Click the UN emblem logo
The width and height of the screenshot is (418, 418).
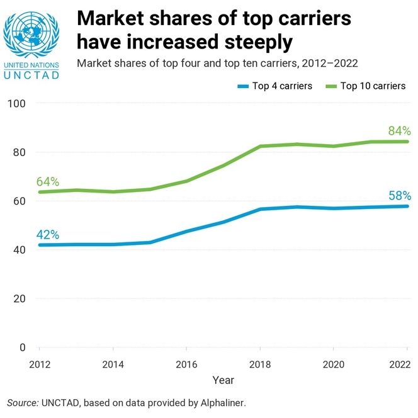click(x=31, y=33)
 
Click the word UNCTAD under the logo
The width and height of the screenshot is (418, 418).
click(x=31, y=75)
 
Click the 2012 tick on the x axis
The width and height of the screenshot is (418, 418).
click(x=39, y=364)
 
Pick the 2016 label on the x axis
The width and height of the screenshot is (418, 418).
click(x=186, y=364)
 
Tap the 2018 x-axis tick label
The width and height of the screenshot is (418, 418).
click(x=260, y=364)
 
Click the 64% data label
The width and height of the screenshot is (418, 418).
click(x=47, y=182)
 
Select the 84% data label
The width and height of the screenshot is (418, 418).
click(x=399, y=132)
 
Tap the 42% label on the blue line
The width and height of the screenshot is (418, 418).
click(x=47, y=235)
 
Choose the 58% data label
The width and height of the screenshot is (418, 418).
click(x=399, y=196)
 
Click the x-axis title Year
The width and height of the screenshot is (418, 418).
click(x=223, y=380)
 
